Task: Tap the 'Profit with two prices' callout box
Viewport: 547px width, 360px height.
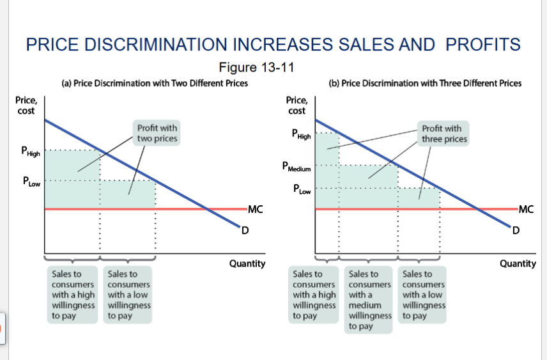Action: [157, 132]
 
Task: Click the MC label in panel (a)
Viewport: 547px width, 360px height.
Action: [255, 208]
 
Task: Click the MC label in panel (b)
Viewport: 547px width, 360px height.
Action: [527, 208]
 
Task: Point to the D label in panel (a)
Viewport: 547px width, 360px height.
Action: [244, 230]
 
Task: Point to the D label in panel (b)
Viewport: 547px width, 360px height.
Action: [516, 230]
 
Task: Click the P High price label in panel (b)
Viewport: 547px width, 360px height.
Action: [302, 135]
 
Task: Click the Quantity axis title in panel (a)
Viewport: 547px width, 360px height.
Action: [247, 263]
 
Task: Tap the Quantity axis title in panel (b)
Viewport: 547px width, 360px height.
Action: [518, 263]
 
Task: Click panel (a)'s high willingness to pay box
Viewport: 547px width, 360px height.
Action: [73, 295]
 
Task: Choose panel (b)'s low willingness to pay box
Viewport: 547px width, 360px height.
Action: [424, 295]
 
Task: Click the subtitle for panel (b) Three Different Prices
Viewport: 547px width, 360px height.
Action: [425, 83]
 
